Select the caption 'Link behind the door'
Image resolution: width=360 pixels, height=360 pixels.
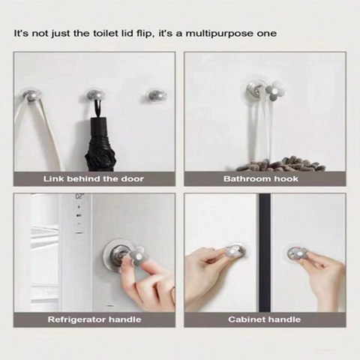tap(94, 179)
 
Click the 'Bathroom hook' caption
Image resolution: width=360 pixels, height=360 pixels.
tap(261, 178)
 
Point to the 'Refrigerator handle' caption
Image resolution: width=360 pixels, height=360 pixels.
tap(94, 319)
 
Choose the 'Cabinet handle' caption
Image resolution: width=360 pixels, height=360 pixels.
tap(264, 319)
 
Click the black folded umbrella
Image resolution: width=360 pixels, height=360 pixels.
tap(100, 144)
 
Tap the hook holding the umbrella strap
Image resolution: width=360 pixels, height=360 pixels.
tap(96, 96)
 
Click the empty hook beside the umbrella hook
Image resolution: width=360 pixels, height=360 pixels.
tap(157, 96)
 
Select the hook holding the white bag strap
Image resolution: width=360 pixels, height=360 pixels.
tap(31, 95)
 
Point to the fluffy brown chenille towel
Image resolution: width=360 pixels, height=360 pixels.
tap(280, 164)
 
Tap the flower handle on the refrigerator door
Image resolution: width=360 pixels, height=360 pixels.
tap(139, 256)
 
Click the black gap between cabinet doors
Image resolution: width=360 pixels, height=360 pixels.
tap(265, 253)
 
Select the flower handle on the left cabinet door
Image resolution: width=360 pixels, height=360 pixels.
tap(232, 251)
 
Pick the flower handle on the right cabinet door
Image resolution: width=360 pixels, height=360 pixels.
tap(298, 253)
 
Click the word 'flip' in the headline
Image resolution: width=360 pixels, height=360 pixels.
tap(144, 34)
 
